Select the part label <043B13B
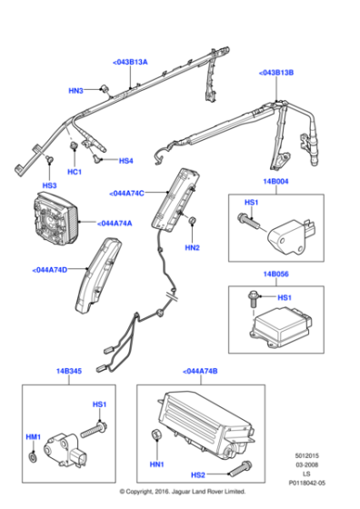276,73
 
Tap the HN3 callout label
76,91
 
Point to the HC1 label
75,171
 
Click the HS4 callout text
125,161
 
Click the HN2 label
192,247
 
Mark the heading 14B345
68,372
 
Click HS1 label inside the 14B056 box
285,297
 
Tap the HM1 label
34,438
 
